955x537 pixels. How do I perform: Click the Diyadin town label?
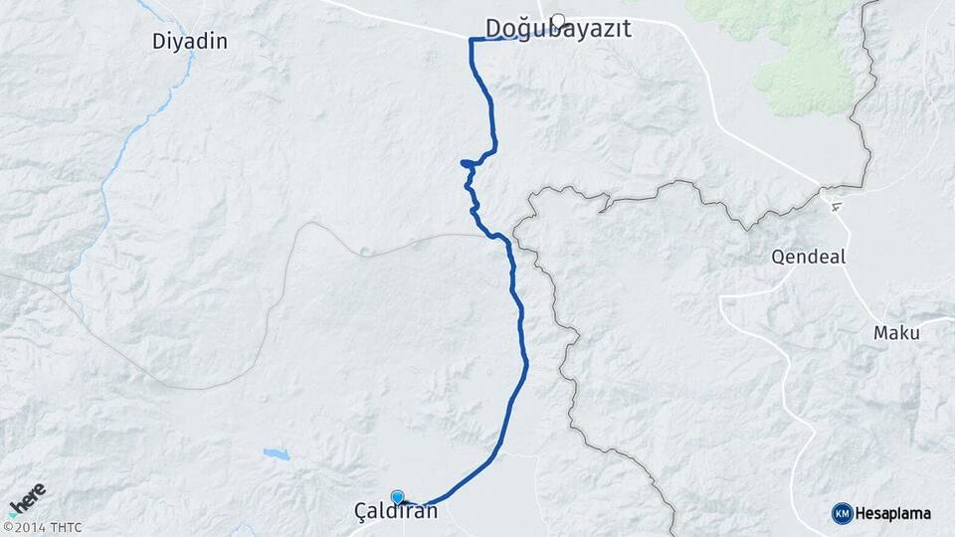pyautogui.click(x=190, y=41)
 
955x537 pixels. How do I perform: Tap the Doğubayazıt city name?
pyautogui.click(x=558, y=29)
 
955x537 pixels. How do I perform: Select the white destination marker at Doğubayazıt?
pyautogui.click(x=558, y=19)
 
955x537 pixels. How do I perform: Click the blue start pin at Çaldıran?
pyautogui.click(x=398, y=497)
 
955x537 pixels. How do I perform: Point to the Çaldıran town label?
pyautogui.click(x=396, y=511)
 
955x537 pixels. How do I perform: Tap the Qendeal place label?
pyautogui.click(x=808, y=257)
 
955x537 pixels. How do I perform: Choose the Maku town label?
pyautogui.click(x=896, y=332)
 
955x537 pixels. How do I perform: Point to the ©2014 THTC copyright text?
pyautogui.click(x=42, y=526)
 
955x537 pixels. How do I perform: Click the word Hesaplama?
pyautogui.click(x=893, y=513)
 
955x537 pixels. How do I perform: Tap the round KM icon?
pyautogui.click(x=842, y=513)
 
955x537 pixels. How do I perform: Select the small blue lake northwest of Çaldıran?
pyautogui.click(x=275, y=453)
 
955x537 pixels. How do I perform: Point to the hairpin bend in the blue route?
pyautogui.click(x=463, y=162)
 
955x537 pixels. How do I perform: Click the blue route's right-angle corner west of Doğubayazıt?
pyautogui.click(x=471, y=40)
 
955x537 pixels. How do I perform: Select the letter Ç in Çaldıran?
pyautogui.click(x=361, y=512)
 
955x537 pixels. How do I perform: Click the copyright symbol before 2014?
pyautogui.click(x=7, y=527)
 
